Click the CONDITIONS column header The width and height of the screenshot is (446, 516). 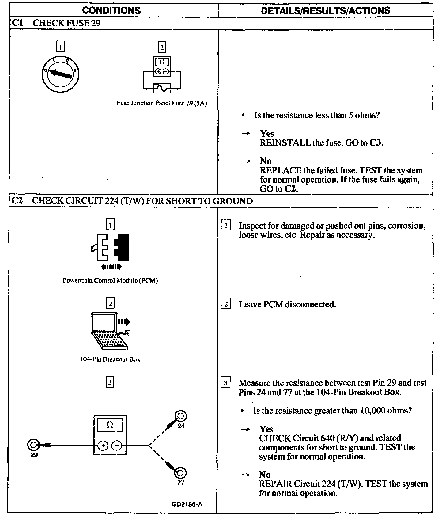click(111, 10)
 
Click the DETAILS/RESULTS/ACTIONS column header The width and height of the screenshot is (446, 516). click(325, 10)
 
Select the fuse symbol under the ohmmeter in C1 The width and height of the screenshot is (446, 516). click(162, 88)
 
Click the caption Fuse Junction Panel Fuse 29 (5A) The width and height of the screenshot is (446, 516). click(161, 103)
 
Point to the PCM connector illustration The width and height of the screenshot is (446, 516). click(111, 248)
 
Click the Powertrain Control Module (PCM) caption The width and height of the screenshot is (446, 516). click(110, 280)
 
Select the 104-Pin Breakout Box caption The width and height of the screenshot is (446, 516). click(110, 359)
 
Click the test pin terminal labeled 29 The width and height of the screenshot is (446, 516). click(33, 445)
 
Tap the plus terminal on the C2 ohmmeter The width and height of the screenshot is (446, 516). click(103, 446)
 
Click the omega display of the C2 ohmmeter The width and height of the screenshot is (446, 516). click(110, 425)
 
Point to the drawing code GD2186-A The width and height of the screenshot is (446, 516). click(187, 504)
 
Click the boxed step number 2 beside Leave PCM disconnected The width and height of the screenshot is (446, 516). click(225, 305)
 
